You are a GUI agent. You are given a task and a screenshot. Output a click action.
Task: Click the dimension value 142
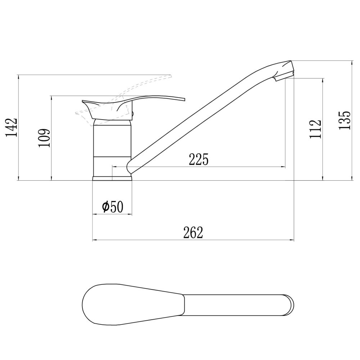click(12, 127)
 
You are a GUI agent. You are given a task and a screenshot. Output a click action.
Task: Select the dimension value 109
click(44, 138)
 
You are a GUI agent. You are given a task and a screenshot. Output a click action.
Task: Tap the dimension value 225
click(199, 159)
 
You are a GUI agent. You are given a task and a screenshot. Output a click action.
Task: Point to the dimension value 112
click(315, 129)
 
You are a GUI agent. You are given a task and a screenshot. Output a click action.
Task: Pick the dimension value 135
click(345, 120)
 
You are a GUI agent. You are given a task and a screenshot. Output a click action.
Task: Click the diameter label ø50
click(113, 207)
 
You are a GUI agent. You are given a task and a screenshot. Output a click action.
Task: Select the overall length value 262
click(193, 233)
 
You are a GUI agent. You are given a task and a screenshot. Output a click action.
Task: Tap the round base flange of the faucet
click(112, 179)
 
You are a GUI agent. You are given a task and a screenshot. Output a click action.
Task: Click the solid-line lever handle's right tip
click(184, 99)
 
